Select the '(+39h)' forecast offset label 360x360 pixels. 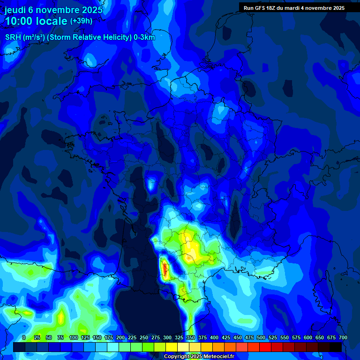pos(81,21)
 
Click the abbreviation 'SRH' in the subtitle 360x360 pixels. pos(13,37)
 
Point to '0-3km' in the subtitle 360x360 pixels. pos(144,37)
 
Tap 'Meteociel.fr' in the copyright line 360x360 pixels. pos(216,357)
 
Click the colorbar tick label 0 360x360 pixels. pos(24,337)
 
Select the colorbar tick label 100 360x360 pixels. pos(74,337)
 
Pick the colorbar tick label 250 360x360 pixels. pos(144,337)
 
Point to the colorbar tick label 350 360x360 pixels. pos(191,337)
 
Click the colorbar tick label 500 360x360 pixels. pos(261,337)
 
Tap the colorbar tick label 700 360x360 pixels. pos(343,337)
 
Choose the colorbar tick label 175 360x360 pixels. pos(109,337)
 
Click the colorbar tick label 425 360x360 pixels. pos(226,337)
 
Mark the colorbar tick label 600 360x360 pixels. pos(308,337)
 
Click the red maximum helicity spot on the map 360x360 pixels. pos(165,269)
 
